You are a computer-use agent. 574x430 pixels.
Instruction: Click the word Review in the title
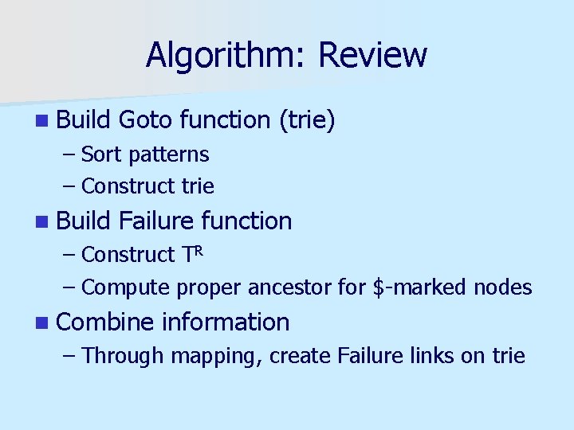[x=372, y=56]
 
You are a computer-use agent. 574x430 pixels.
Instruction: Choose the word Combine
[x=106, y=322]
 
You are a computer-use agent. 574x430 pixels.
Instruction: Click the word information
[x=226, y=322]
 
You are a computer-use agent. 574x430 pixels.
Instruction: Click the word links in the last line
[x=431, y=355]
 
